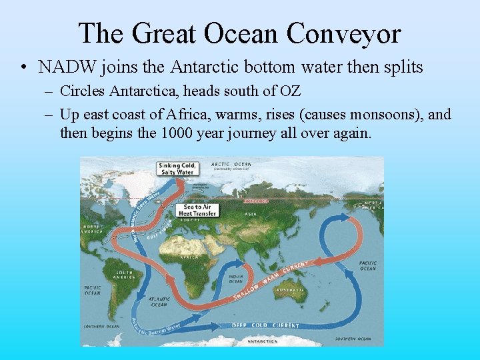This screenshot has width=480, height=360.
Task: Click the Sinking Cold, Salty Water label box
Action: [x=176, y=169]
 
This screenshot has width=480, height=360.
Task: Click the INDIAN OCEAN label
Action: [x=237, y=279]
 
